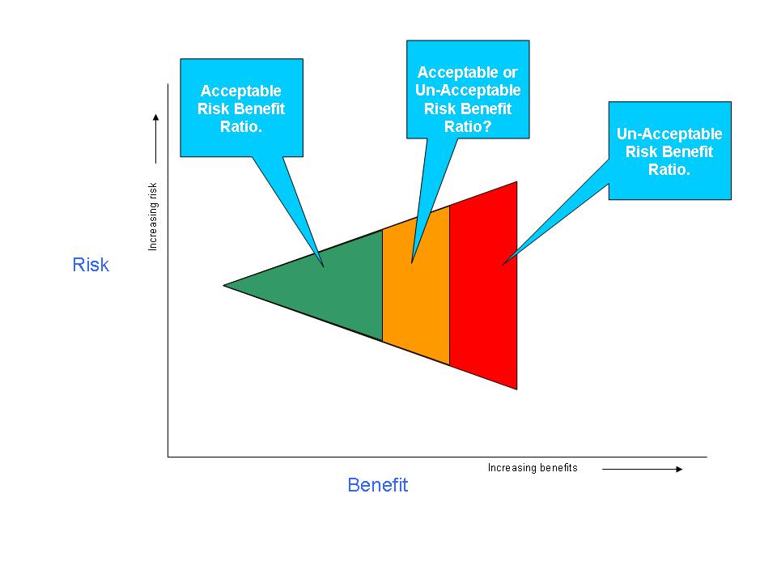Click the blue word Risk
[91, 265]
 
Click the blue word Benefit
[377, 485]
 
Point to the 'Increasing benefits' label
[533, 468]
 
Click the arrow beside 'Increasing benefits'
[643, 469]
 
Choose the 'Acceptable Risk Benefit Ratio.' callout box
[241, 108]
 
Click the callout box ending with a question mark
[468, 89]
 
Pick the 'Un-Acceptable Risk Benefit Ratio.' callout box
[669, 151]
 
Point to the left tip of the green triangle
[225, 285]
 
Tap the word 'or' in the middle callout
[510, 73]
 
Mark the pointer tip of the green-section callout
[324, 266]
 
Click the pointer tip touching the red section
[503, 264]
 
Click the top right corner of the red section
[516, 183]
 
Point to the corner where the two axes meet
[168, 457]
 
